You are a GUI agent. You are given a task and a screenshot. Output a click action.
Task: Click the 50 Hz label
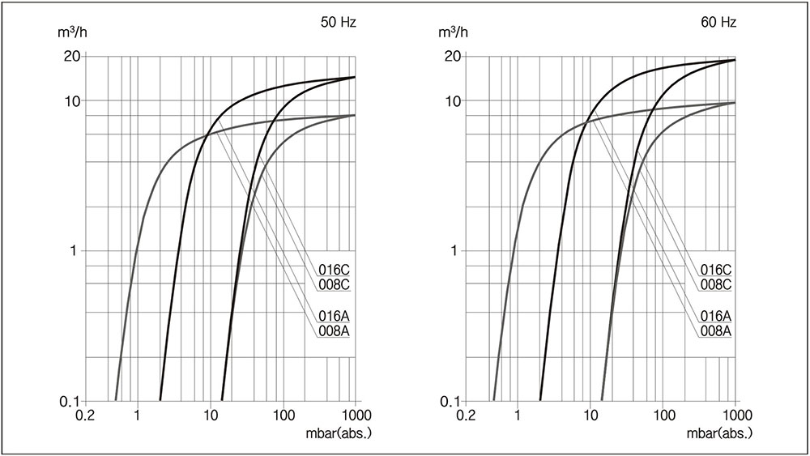[338, 23]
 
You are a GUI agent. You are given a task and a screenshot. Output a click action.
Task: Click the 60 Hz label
[718, 23]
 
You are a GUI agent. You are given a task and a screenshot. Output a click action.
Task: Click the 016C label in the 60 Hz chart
[716, 270]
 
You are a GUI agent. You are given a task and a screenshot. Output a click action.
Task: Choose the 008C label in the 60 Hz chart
[716, 284]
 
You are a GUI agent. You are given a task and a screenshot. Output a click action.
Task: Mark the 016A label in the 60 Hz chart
[716, 316]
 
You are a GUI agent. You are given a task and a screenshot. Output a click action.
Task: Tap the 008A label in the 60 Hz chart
[716, 330]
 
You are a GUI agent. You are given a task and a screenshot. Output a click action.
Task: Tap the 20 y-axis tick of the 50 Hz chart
[70, 57]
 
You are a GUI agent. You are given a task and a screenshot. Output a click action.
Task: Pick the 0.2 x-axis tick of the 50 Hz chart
[84, 416]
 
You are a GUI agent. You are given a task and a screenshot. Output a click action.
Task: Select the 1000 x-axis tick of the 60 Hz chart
[734, 416]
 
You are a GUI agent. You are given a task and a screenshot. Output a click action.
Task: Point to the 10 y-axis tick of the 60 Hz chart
[451, 101]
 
